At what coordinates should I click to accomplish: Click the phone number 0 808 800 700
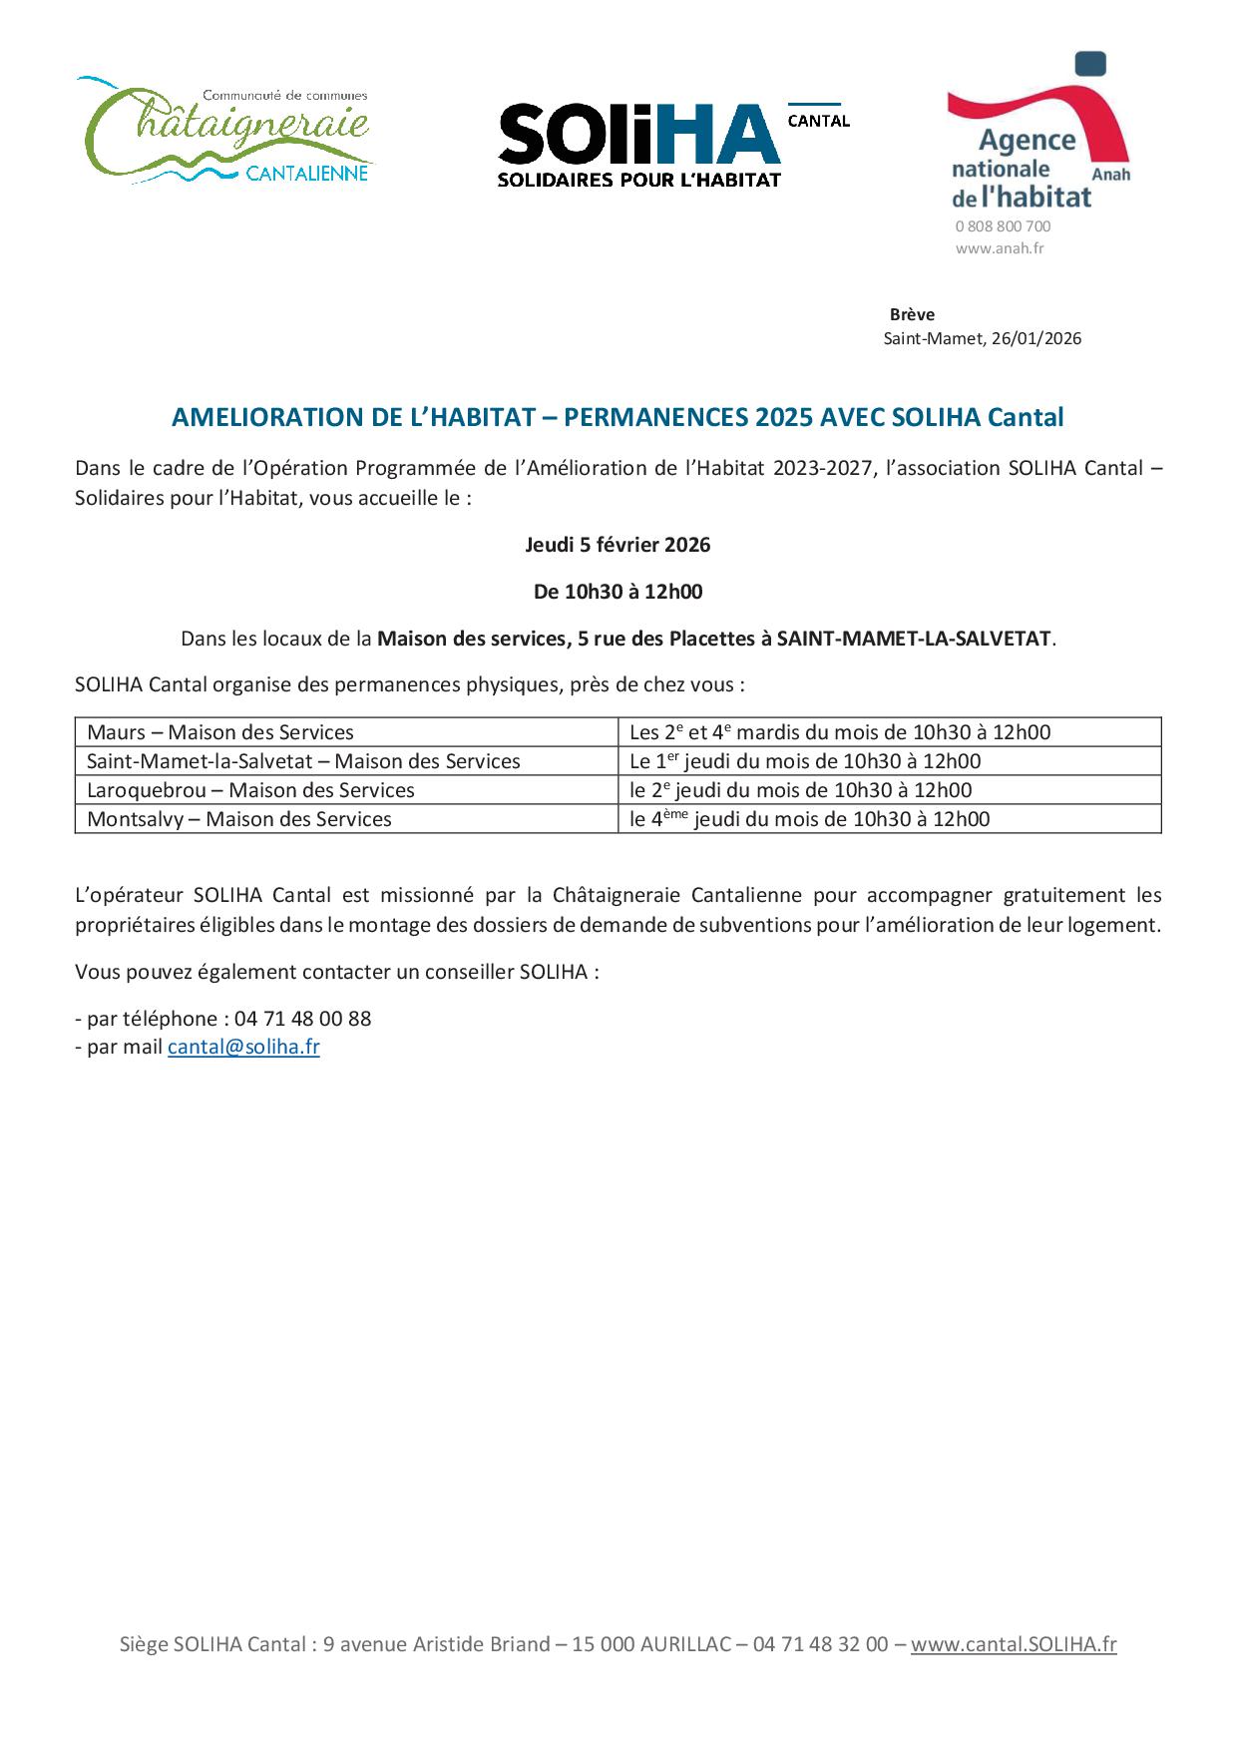coord(1003,226)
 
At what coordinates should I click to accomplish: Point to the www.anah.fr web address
coord(999,248)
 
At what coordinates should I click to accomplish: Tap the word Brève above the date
coord(912,314)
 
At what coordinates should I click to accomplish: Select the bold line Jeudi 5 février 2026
coord(618,545)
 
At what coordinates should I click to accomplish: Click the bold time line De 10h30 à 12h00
coord(618,592)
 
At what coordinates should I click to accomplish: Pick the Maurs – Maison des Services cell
coord(220,732)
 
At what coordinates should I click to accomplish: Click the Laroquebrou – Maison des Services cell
coord(250,790)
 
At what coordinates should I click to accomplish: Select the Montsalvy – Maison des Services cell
coord(239,819)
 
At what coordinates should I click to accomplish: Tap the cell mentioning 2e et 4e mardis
coord(840,732)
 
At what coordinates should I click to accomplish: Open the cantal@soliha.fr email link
coord(243,1047)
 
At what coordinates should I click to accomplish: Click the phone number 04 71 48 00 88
coord(302,1019)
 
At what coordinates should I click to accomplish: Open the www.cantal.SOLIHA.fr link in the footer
coord(1014,1644)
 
